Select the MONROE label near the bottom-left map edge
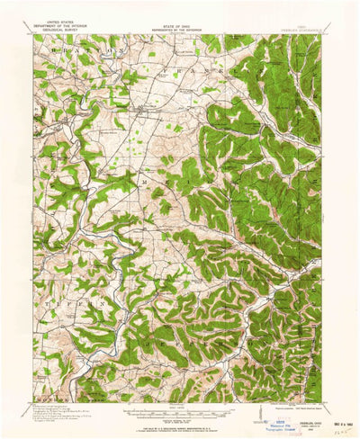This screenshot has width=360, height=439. (49, 398)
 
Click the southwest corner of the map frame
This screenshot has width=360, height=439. (34, 402)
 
